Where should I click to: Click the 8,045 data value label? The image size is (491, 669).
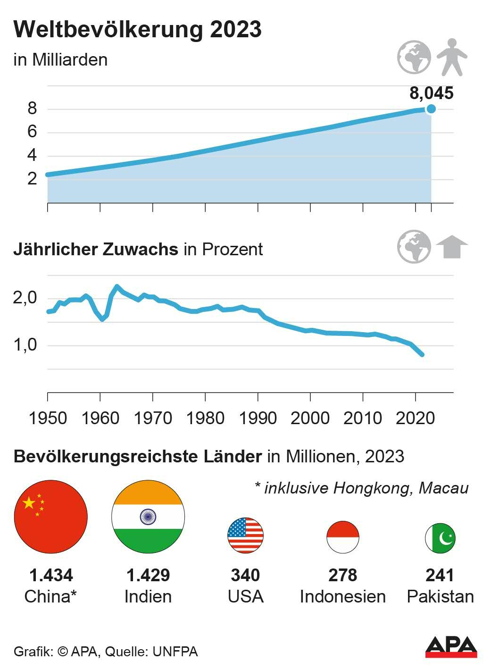[x=431, y=93]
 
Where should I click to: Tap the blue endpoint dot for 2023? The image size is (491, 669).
[x=431, y=109]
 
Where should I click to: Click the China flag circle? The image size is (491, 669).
[x=51, y=517]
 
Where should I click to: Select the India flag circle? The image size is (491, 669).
[x=148, y=517]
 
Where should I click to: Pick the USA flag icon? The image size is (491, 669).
[x=245, y=535]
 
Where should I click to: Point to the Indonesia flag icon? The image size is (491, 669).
[x=343, y=537]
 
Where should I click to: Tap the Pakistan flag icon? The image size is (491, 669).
[x=440, y=537]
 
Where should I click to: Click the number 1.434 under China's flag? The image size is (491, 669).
[x=51, y=575]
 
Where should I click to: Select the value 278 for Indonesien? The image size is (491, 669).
[x=343, y=575]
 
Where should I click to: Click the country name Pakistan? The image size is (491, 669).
[x=440, y=596]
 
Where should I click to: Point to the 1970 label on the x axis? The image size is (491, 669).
[x=153, y=418]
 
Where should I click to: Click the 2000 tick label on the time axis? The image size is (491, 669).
[x=310, y=418]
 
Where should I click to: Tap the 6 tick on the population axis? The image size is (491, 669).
[x=32, y=132]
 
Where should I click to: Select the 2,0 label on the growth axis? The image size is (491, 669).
[x=25, y=298]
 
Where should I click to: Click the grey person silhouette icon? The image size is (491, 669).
[x=451, y=57]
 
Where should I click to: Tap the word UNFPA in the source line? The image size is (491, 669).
[x=175, y=652]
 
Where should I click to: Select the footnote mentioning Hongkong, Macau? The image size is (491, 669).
[x=361, y=488]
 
